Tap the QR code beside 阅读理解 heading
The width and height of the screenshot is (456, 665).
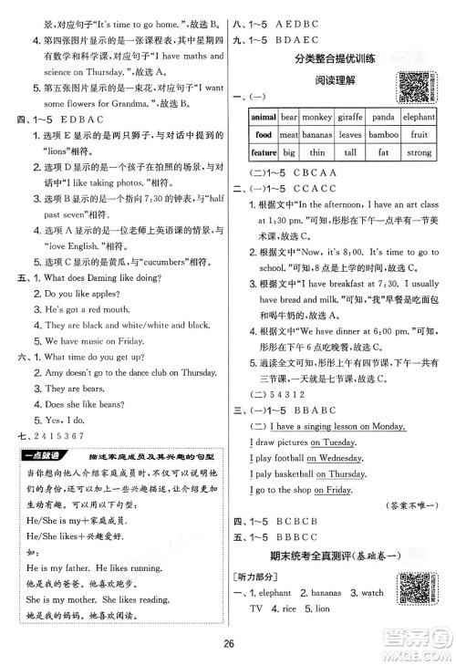[417, 85]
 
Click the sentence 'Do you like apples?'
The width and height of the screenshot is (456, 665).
[78, 269]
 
